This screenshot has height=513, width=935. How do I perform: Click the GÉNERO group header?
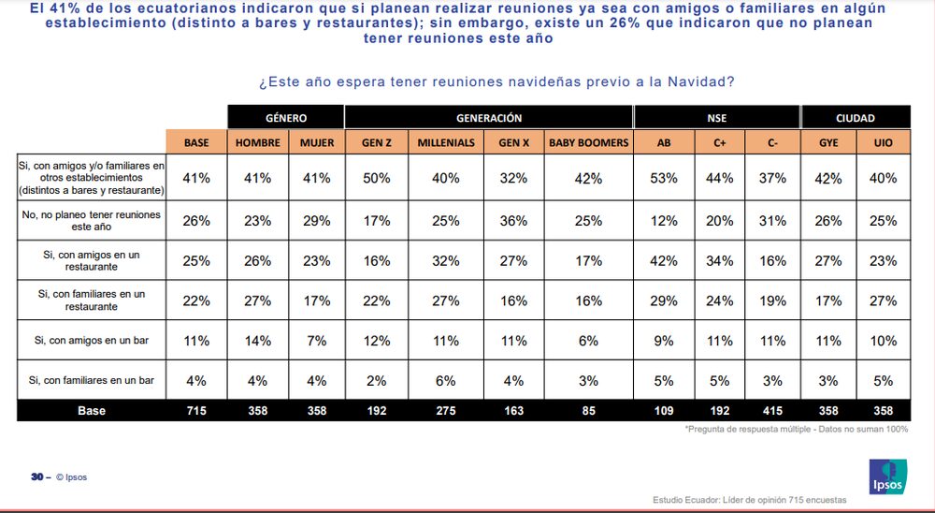(285, 118)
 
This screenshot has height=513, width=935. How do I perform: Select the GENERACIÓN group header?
(488, 118)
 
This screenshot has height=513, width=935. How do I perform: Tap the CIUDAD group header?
(856, 118)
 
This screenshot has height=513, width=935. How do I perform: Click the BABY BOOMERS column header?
(588, 142)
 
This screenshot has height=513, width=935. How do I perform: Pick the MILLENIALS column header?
(446, 142)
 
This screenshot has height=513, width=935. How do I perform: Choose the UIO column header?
(883, 142)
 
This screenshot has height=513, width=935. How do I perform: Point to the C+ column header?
(719, 142)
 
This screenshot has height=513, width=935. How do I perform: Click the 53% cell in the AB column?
(665, 178)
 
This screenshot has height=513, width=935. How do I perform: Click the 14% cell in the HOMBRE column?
(257, 341)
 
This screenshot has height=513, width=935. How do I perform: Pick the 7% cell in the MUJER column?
(317, 341)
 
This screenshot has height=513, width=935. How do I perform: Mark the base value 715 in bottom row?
(196, 410)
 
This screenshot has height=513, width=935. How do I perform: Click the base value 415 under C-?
(772, 410)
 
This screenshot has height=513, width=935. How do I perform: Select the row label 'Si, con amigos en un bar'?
(92, 341)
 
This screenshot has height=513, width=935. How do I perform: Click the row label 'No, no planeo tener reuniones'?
(92, 221)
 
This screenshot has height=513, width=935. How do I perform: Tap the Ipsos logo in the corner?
(887, 476)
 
